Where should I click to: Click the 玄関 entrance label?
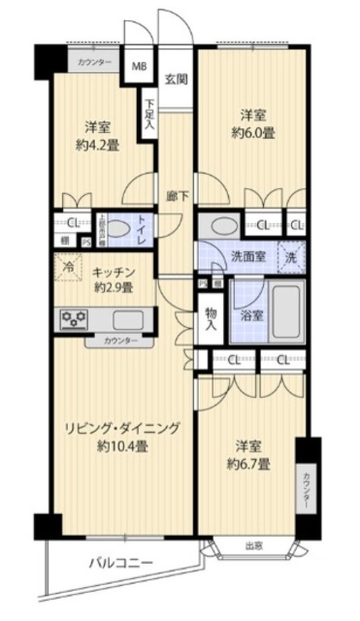click(x=176, y=80)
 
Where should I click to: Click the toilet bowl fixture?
click(x=115, y=228)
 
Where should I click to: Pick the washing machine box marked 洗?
click(x=289, y=257)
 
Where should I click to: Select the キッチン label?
click(x=115, y=273)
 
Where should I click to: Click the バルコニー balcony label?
click(x=123, y=562)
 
